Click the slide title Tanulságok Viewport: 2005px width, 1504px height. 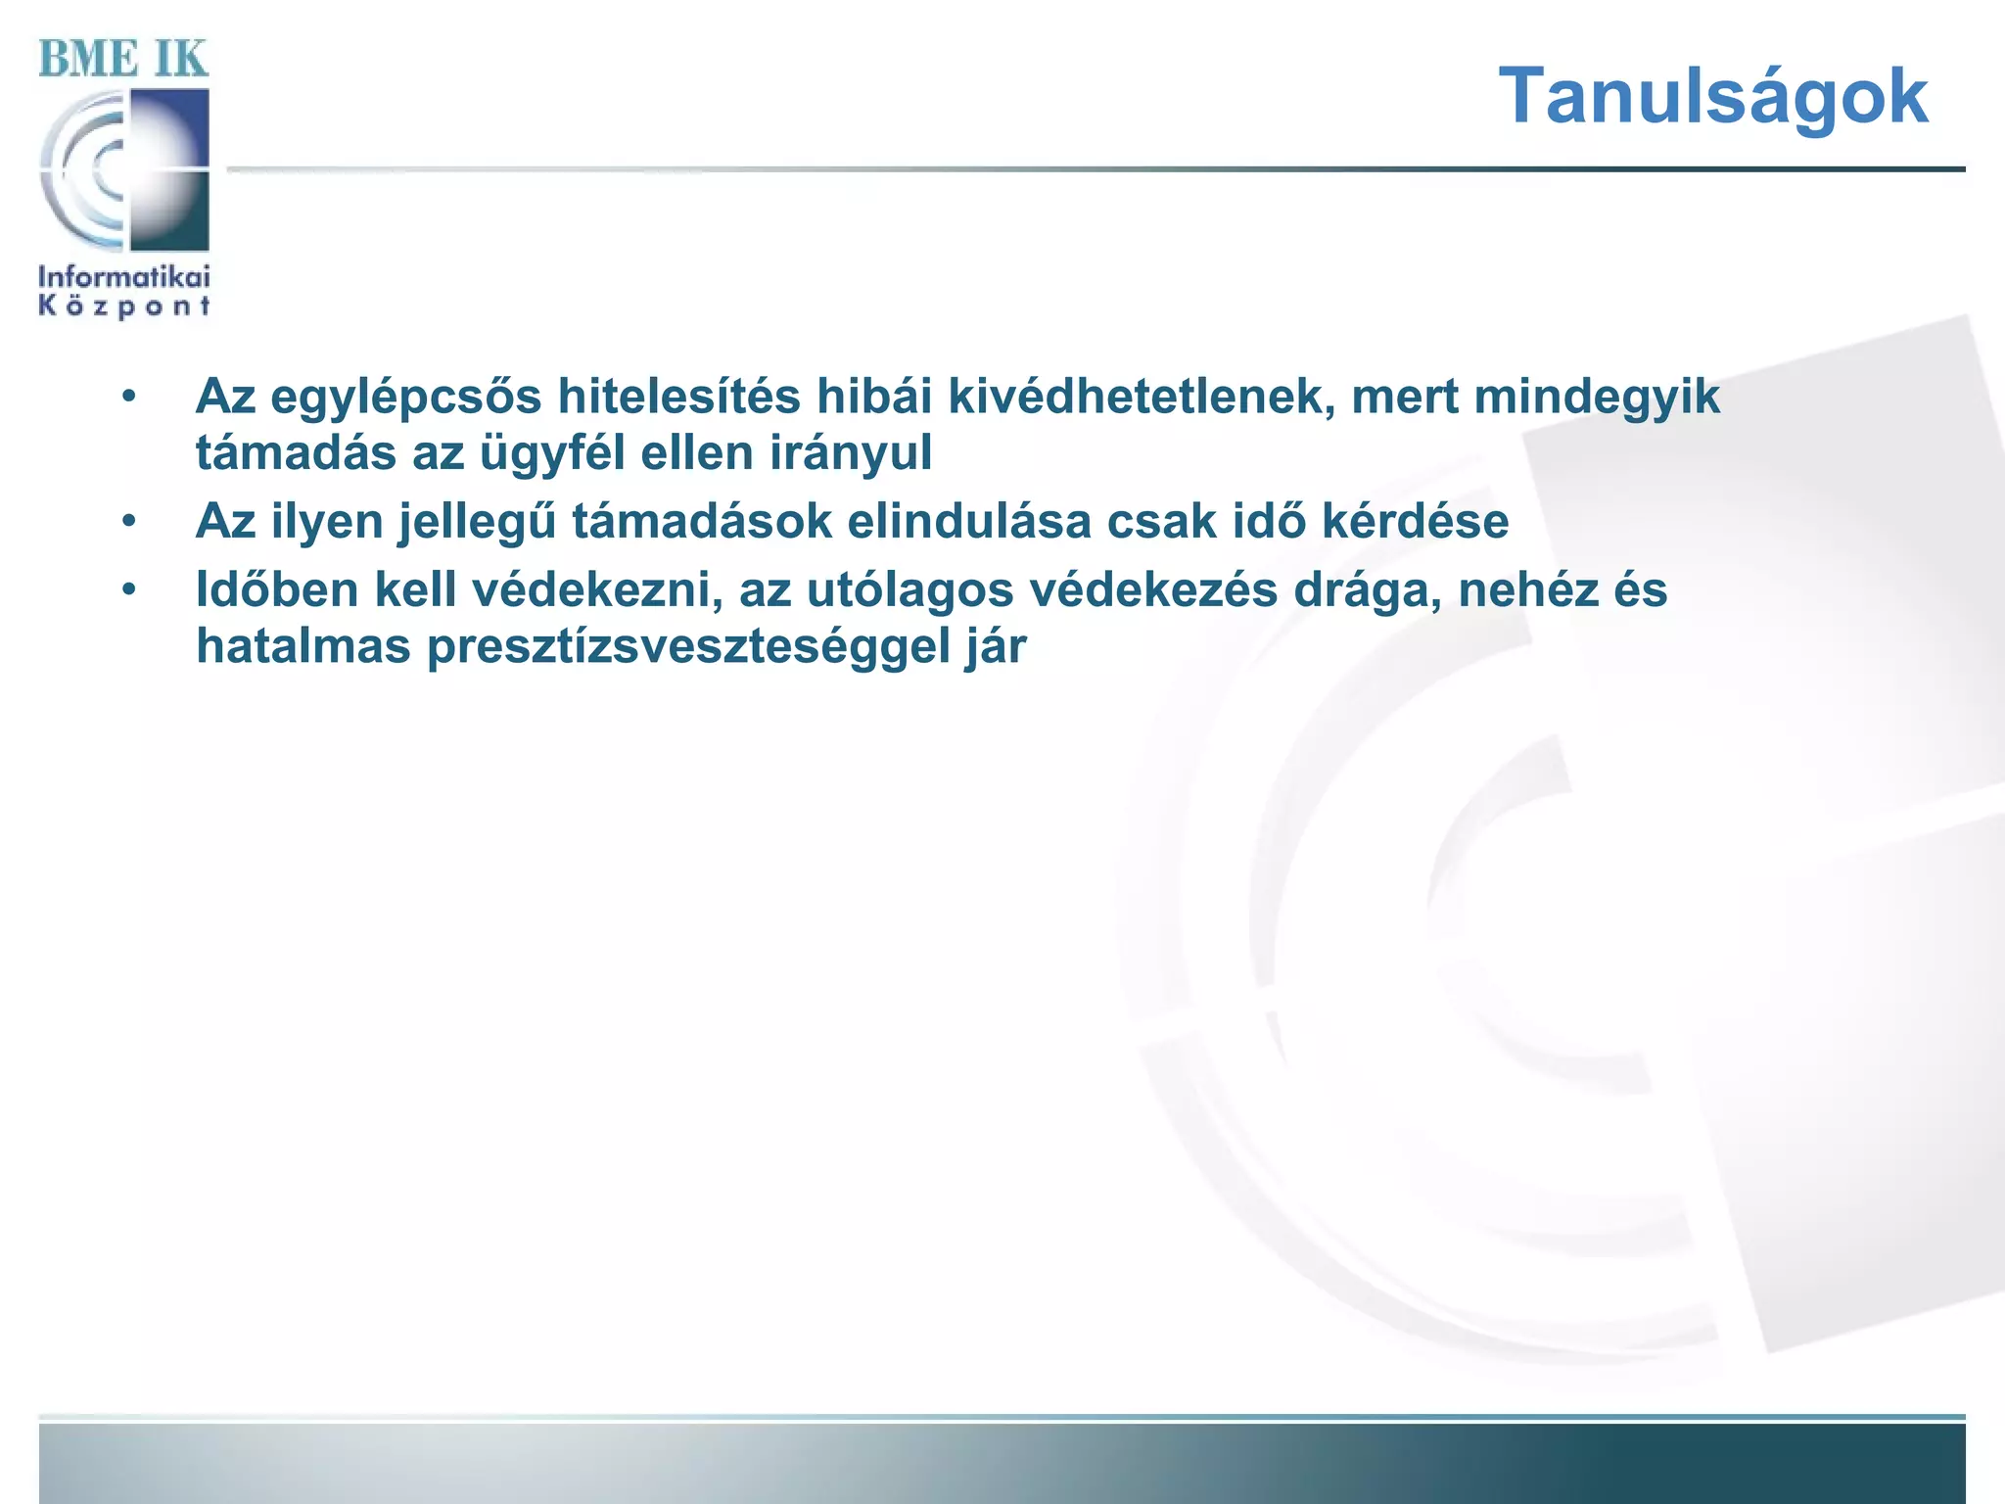tap(1712, 96)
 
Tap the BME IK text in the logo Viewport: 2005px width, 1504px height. tap(123, 59)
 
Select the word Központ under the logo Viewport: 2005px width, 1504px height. tap(124, 306)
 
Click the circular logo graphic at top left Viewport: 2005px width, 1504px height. tap(124, 169)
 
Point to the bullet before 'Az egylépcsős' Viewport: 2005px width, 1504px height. tap(129, 398)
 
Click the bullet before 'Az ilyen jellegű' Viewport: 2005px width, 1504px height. tap(129, 522)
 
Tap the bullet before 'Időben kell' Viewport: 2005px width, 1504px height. tap(129, 590)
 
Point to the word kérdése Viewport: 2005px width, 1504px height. tap(1415, 521)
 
